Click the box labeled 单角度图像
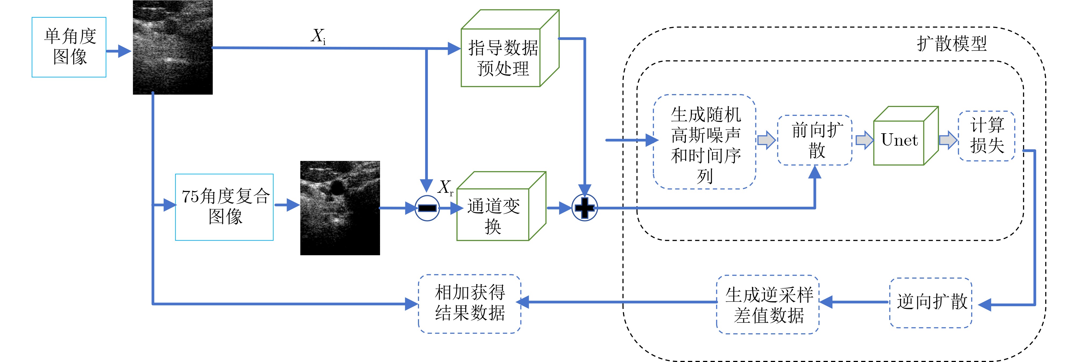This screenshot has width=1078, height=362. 69,47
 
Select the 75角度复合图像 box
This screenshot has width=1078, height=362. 224,207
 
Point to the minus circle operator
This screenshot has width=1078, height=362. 427,208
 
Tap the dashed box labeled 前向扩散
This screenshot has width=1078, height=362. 815,140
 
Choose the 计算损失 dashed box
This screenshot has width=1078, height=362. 986,136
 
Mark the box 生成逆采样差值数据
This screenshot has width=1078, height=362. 768,304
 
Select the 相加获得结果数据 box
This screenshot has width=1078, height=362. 469,304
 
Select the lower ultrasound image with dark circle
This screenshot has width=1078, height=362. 340,208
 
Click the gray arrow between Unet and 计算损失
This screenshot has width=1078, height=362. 948,140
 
